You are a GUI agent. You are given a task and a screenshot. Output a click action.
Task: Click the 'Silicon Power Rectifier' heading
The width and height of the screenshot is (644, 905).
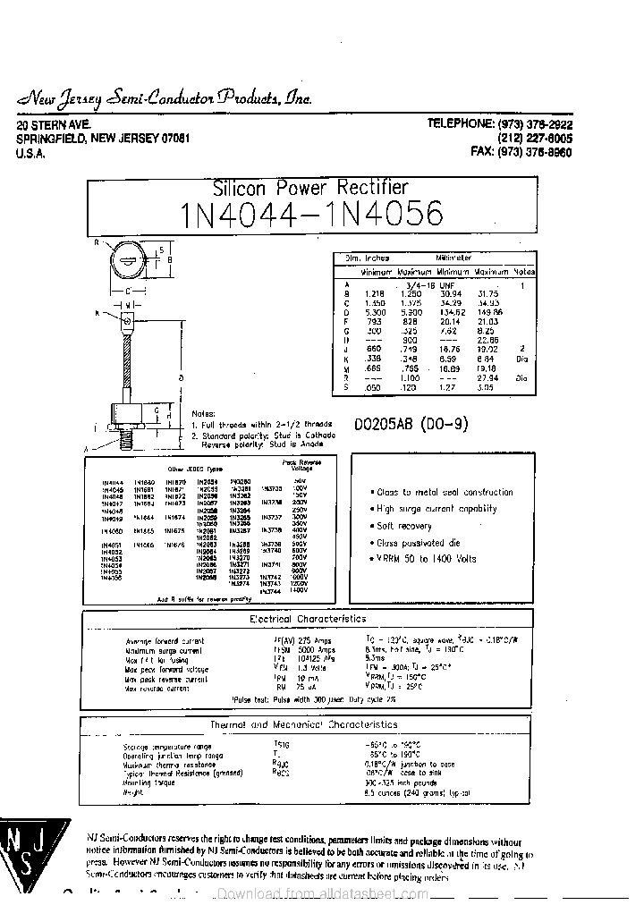(x=310, y=189)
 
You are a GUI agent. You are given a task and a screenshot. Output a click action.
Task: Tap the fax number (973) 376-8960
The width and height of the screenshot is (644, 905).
(x=521, y=153)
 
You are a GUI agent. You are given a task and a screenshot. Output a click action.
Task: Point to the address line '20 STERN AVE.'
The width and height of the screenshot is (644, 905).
(x=55, y=126)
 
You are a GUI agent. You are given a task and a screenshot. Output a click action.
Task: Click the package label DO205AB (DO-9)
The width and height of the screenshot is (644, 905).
(x=411, y=425)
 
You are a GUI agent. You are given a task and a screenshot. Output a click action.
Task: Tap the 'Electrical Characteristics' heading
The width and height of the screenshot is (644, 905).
(x=307, y=619)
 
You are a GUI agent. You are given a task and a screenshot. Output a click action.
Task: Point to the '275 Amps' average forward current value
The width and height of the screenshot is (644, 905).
(x=314, y=641)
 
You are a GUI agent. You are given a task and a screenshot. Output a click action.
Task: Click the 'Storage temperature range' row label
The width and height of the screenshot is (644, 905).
(x=167, y=745)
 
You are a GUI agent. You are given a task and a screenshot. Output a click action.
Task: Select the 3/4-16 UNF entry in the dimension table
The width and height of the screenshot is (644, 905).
(x=434, y=283)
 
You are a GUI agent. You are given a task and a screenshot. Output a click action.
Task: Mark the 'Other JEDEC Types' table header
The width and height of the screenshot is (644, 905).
(x=196, y=468)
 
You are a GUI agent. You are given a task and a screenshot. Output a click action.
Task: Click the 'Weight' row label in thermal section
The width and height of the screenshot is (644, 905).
(x=133, y=792)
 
